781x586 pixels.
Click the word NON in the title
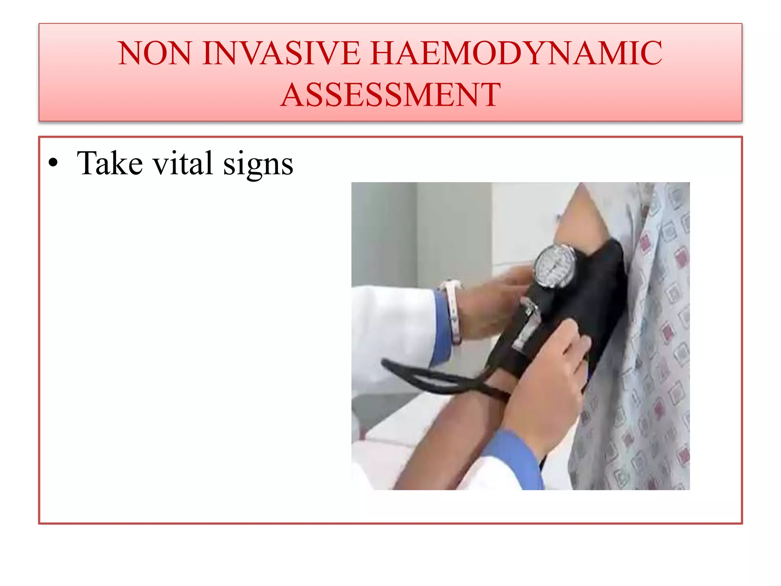pos(154,53)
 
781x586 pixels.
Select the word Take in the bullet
pos(110,163)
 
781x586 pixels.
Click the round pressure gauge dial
pos(554,266)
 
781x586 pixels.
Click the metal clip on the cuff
pos(528,324)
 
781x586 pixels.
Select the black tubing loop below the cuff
pos(439,378)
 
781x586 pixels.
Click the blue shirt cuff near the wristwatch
pos(442,328)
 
